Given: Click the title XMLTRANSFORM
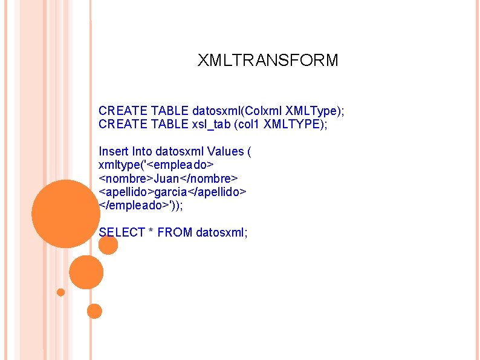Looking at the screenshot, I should (x=268, y=61).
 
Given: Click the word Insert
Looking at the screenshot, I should (x=112, y=151).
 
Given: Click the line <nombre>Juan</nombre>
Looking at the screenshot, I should (x=168, y=178).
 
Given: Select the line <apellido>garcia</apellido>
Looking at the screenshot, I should (x=172, y=191).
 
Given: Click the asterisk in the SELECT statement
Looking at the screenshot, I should (x=151, y=232).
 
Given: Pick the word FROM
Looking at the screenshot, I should (x=174, y=232).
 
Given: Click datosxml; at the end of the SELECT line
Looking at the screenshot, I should (x=222, y=232).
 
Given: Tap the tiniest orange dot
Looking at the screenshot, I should (x=60, y=292).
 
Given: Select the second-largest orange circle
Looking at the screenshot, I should (x=86, y=272).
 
